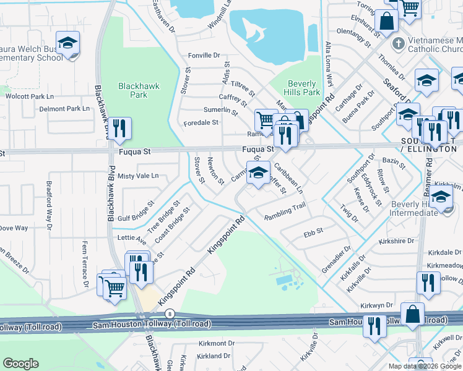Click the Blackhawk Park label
pyautogui.click(x=134, y=90)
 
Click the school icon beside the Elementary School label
pyautogui.click(x=68, y=43)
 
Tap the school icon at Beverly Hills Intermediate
pyautogui.click(x=441, y=198)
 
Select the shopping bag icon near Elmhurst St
pyautogui.click(x=386, y=21)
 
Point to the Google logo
pyautogui.click(x=21, y=364)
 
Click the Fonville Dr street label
pyautogui.click(x=204, y=56)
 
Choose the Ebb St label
pyautogui.click(x=310, y=234)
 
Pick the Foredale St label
pyautogui.click(x=201, y=123)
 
